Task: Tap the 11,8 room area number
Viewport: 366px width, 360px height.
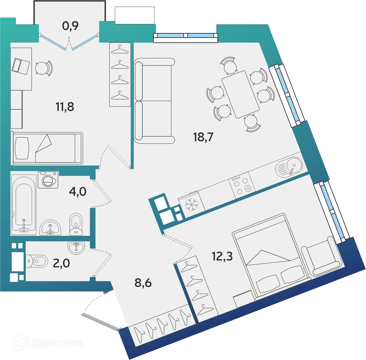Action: click(65, 106)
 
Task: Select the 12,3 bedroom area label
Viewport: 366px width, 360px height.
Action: click(222, 256)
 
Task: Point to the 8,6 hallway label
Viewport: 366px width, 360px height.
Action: click(143, 282)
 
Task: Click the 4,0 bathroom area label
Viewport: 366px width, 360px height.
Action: click(77, 191)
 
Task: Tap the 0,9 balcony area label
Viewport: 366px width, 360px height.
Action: click(70, 26)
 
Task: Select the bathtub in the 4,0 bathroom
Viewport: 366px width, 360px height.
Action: click(23, 204)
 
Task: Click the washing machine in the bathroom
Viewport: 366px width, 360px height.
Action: click(48, 180)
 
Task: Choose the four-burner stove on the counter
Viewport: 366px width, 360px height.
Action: click(242, 185)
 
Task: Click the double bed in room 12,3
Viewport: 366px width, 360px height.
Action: click(270, 258)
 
